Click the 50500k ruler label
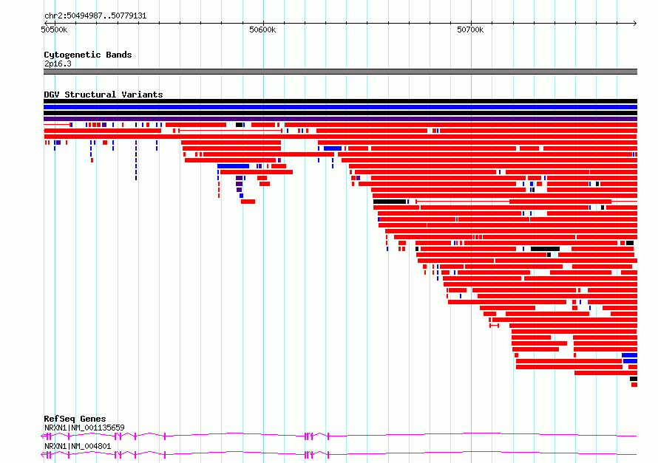pyautogui.click(x=54, y=30)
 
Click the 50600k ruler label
pyautogui.click(x=262, y=30)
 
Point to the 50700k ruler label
pyautogui.click(x=470, y=30)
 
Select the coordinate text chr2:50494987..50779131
pyautogui.click(x=95, y=16)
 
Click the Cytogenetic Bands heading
pyautogui.click(x=88, y=55)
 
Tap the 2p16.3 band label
pyautogui.click(x=58, y=64)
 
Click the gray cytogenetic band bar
pyautogui.click(x=340, y=72)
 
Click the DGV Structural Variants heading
pyautogui.click(x=104, y=95)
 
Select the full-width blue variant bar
pyautogui.click(x=340, y=107)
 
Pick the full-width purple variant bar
pyautogui.click(x=340, y=119)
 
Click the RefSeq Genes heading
pyautogui.click(x=75, y=419)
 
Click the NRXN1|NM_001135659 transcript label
pyautogui.click(x=84, y=428)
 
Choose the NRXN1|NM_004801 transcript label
pyautogui.click(x=78, y=446)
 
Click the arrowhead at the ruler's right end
pyautogui.click(x=635, y=24)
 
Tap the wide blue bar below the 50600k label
pyautogui.click(x=234, y=166)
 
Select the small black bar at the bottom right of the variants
pyautogui.click(x=634, y=379)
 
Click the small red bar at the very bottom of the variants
pyautogui.click(x=634, y=385)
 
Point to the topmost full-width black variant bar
pyautogui.click(x=340, y=101)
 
